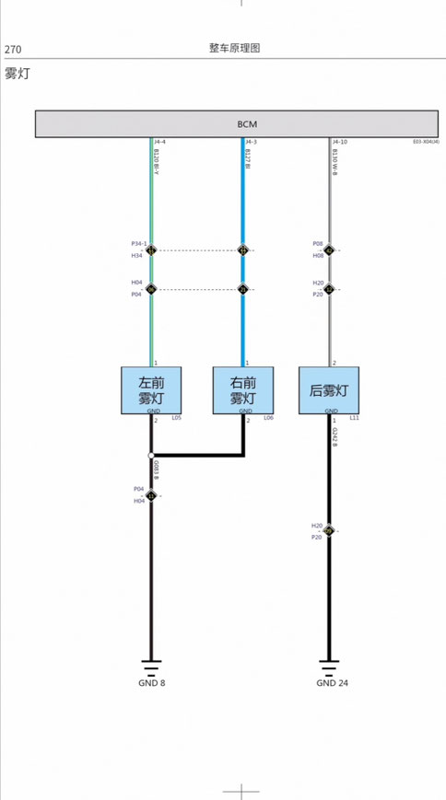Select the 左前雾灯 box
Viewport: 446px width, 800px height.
pos(151,390)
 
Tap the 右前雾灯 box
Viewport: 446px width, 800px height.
pos(243,390)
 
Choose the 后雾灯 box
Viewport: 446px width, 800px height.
pos(330,390)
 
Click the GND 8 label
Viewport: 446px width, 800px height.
pos(152,683)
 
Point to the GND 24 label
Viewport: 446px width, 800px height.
pos(332,683)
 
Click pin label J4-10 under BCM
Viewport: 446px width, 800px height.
pos(340,142)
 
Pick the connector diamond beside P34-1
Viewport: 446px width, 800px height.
pos(151,249)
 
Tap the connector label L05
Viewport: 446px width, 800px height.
pos(176,418)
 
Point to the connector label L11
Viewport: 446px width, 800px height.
pos(355,418)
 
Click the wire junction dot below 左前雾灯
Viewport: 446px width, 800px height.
pos(151,455)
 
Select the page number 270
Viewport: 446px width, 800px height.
pos(13,50)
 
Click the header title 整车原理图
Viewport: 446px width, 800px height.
pos(234,48)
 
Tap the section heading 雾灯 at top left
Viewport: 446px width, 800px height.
pos(17,74)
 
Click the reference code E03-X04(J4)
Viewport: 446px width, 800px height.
pos(426,142)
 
